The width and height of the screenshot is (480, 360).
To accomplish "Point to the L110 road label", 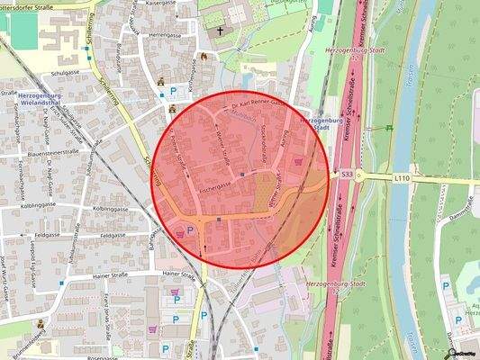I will pos(402,179).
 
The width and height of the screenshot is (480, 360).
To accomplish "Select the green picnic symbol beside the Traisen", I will pos(389,128).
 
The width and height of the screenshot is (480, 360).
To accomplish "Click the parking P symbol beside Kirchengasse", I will pos(173,91).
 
